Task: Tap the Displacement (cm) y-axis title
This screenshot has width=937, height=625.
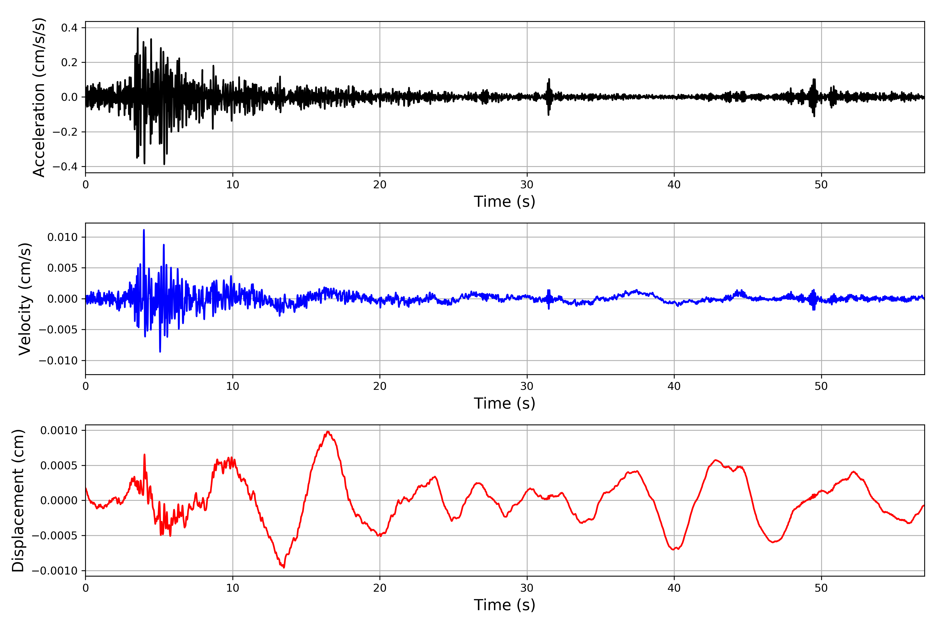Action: tap(18, 500)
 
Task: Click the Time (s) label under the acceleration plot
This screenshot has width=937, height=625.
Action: tap(504, 202)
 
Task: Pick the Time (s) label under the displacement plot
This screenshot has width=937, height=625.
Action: tap(504, 605)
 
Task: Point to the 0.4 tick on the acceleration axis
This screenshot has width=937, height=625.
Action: tap(69, 28)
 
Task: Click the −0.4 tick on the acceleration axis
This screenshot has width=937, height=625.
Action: tap(66, 167)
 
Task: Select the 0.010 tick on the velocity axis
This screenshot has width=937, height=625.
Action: tap(62, 237)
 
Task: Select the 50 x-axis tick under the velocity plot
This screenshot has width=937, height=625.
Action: tap(821, 386)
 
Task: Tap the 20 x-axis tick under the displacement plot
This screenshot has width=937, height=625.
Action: tap(380, 588)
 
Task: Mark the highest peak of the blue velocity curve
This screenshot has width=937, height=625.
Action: tap(144, 230)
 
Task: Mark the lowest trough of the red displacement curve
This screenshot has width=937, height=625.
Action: tap(284, 567)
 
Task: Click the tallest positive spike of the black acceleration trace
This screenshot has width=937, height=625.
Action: tap(138, 28)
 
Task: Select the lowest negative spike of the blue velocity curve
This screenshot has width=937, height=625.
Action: tap(160, 352)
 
